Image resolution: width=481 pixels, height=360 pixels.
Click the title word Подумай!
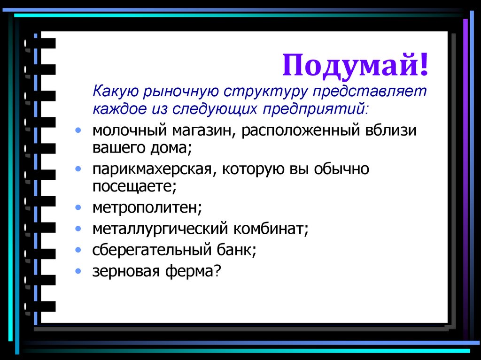(356, 65)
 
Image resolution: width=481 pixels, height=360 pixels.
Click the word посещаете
(134, 187)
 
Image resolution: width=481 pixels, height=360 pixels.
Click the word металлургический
(159, 230)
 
